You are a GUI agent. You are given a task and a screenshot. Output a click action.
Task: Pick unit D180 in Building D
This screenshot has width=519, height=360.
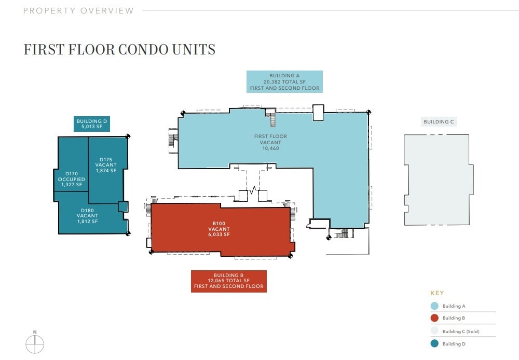tap(87, 216)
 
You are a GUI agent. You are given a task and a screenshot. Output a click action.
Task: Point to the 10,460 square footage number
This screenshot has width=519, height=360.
tap(270, 148)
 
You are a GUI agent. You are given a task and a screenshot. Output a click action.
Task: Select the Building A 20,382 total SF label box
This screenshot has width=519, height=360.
tap(284, 82)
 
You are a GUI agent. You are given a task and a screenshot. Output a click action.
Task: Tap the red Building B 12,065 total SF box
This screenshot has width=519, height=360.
tap(228, 281)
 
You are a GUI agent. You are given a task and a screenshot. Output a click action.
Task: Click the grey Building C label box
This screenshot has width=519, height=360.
tap(439, 122)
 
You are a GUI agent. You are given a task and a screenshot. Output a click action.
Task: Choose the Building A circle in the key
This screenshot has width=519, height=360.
tap(434, 306)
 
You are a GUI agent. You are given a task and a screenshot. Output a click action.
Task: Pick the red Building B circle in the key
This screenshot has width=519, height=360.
tap(434, 319)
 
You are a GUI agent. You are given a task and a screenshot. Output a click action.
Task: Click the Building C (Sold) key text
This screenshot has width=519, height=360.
tap(461, 331)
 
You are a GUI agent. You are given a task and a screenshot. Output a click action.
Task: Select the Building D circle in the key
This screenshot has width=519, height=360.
tap(434, 343)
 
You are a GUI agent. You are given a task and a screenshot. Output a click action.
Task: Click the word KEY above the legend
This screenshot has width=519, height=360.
tap(437, 293)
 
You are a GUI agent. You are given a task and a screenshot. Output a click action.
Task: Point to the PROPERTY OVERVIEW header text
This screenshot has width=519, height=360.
tap(78, 10)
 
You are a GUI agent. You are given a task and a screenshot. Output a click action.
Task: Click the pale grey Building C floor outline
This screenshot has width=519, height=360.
tap(439, 179)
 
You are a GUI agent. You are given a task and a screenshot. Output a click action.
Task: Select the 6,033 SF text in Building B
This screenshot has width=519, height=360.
tap(218, 234)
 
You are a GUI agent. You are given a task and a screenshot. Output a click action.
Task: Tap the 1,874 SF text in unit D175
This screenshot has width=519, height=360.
tap(106, 171)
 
